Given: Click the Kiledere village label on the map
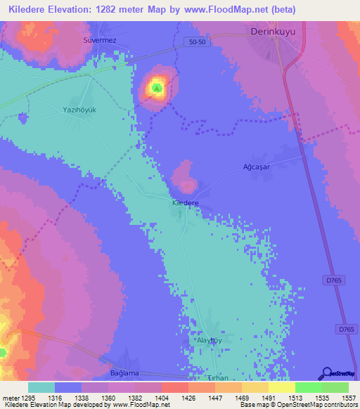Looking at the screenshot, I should (x=186, y=202).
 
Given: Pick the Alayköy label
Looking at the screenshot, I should (x=209, y=339).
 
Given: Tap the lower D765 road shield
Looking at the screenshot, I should (x=345, y=329).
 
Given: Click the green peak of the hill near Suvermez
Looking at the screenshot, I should (x=156, y=89).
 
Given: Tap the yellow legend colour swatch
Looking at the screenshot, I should (x=281, y=387).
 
